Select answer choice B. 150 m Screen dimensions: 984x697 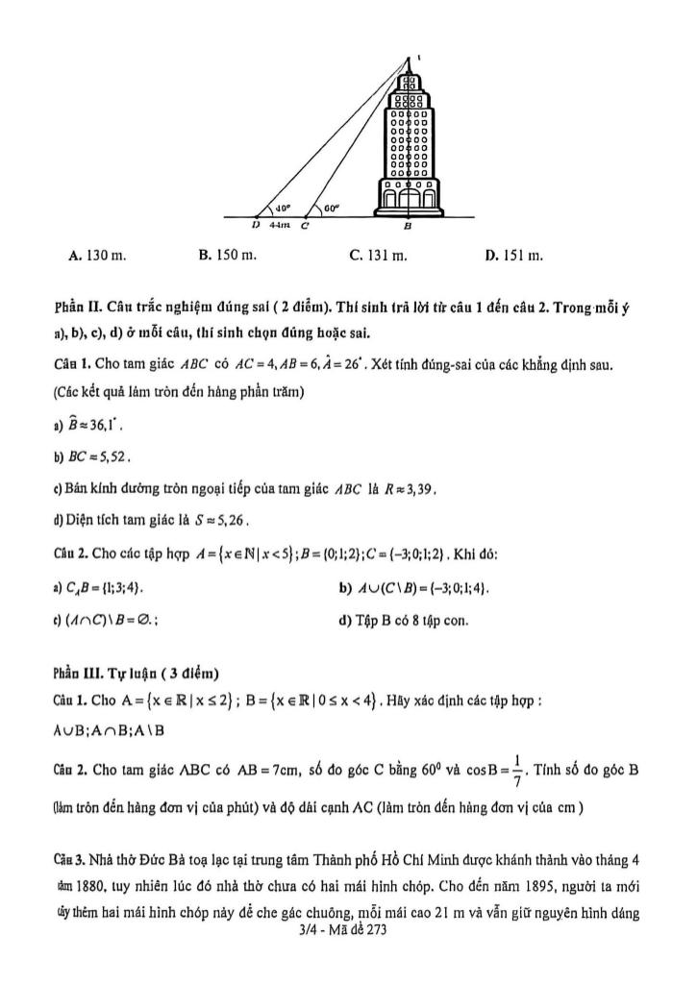click(x=227, y=257)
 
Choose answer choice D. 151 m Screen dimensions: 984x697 click(x=514, y=257)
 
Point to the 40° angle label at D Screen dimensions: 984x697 click(x=284, y=206)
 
